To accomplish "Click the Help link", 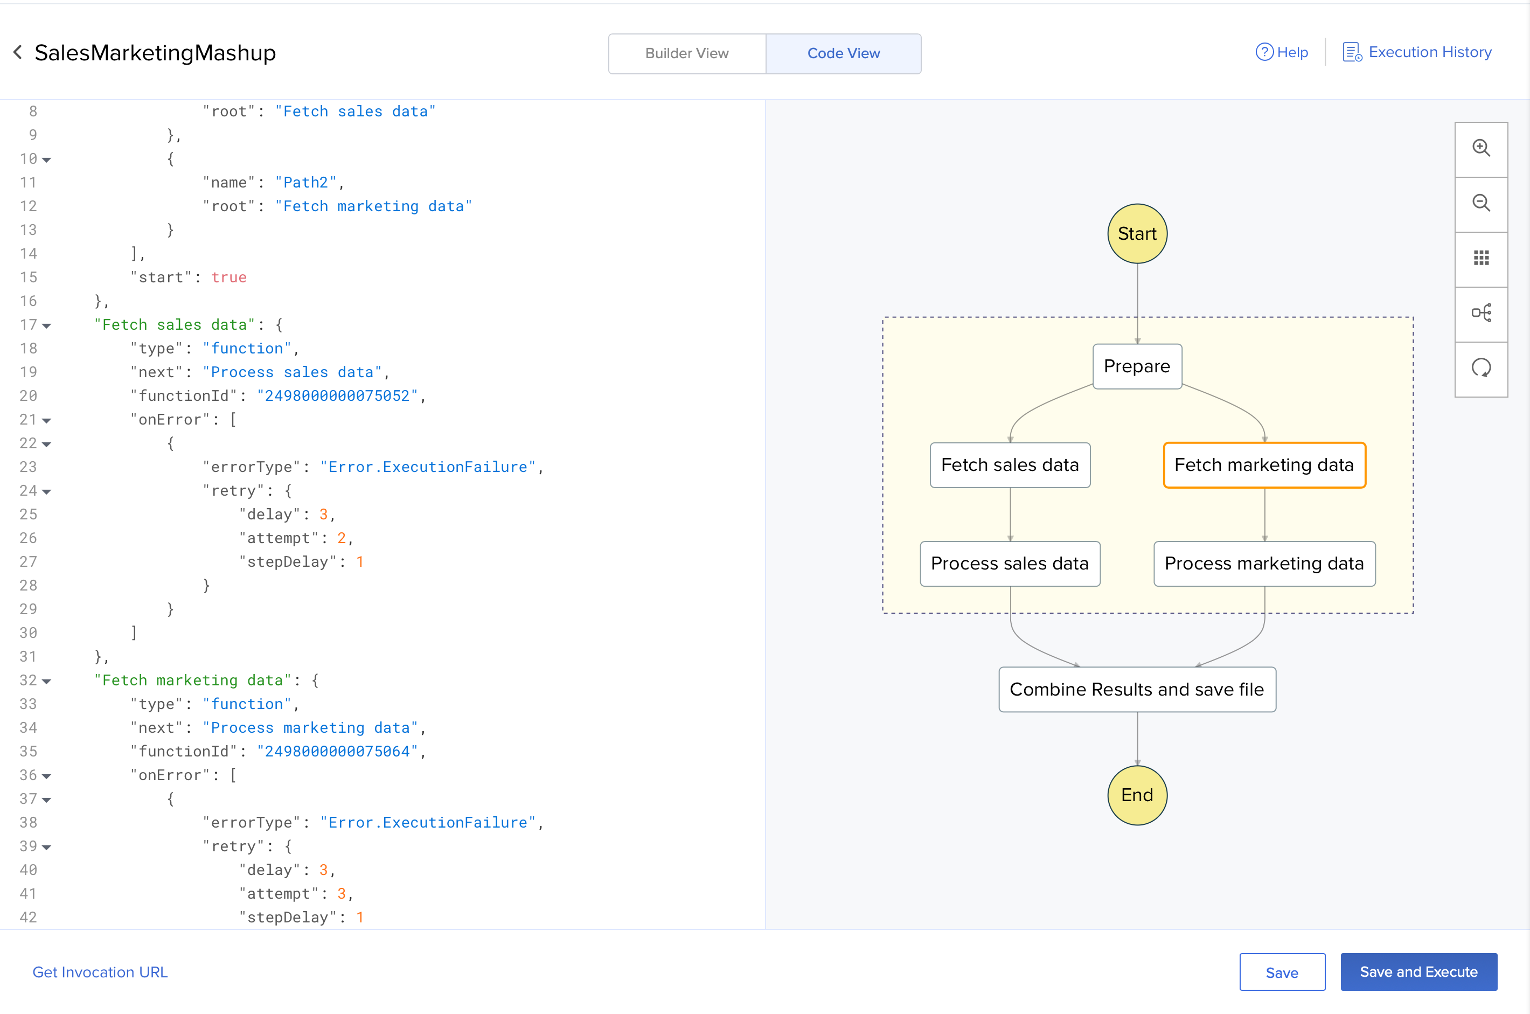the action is click(1282, 52).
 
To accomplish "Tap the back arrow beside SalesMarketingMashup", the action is click(17, 52).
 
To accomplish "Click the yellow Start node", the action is click(1137, 233).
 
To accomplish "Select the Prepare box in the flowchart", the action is click(1137, 366).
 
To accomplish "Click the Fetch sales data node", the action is click(1010, 465).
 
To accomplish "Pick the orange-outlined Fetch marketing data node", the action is click(1264, 465).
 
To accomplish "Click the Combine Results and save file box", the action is click(1137, 689).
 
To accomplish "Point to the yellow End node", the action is click(1137, 795).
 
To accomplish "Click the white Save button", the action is click(1282, 972).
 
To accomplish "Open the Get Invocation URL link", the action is click(100, 972).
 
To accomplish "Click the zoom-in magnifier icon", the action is click(1481, 148).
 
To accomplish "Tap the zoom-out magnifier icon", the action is click(1481, 203).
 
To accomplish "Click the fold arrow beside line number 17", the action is click(46, 326).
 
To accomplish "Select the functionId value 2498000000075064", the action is click(338, 752).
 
